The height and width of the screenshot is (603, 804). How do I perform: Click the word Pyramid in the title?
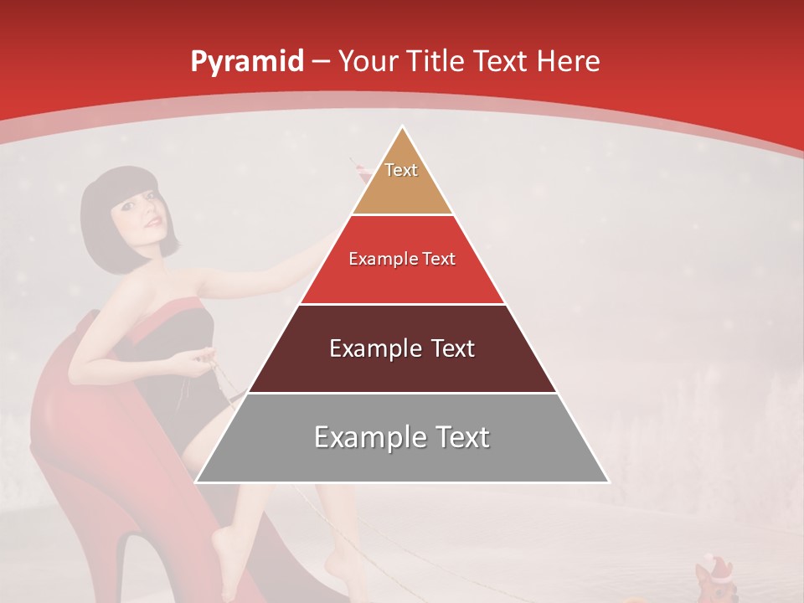pyautogui.click(x=246, y=62)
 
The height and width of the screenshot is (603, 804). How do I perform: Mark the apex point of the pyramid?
pyautogui.click(x=403, y=126)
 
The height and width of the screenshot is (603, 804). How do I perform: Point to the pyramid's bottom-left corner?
pyautogui.click(x=196, y=482)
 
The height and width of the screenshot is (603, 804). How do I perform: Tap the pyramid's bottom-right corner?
pyautogui.click(x=609, y=482)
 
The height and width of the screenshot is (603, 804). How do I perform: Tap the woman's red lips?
pyautogui.click(x=152, y=223)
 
